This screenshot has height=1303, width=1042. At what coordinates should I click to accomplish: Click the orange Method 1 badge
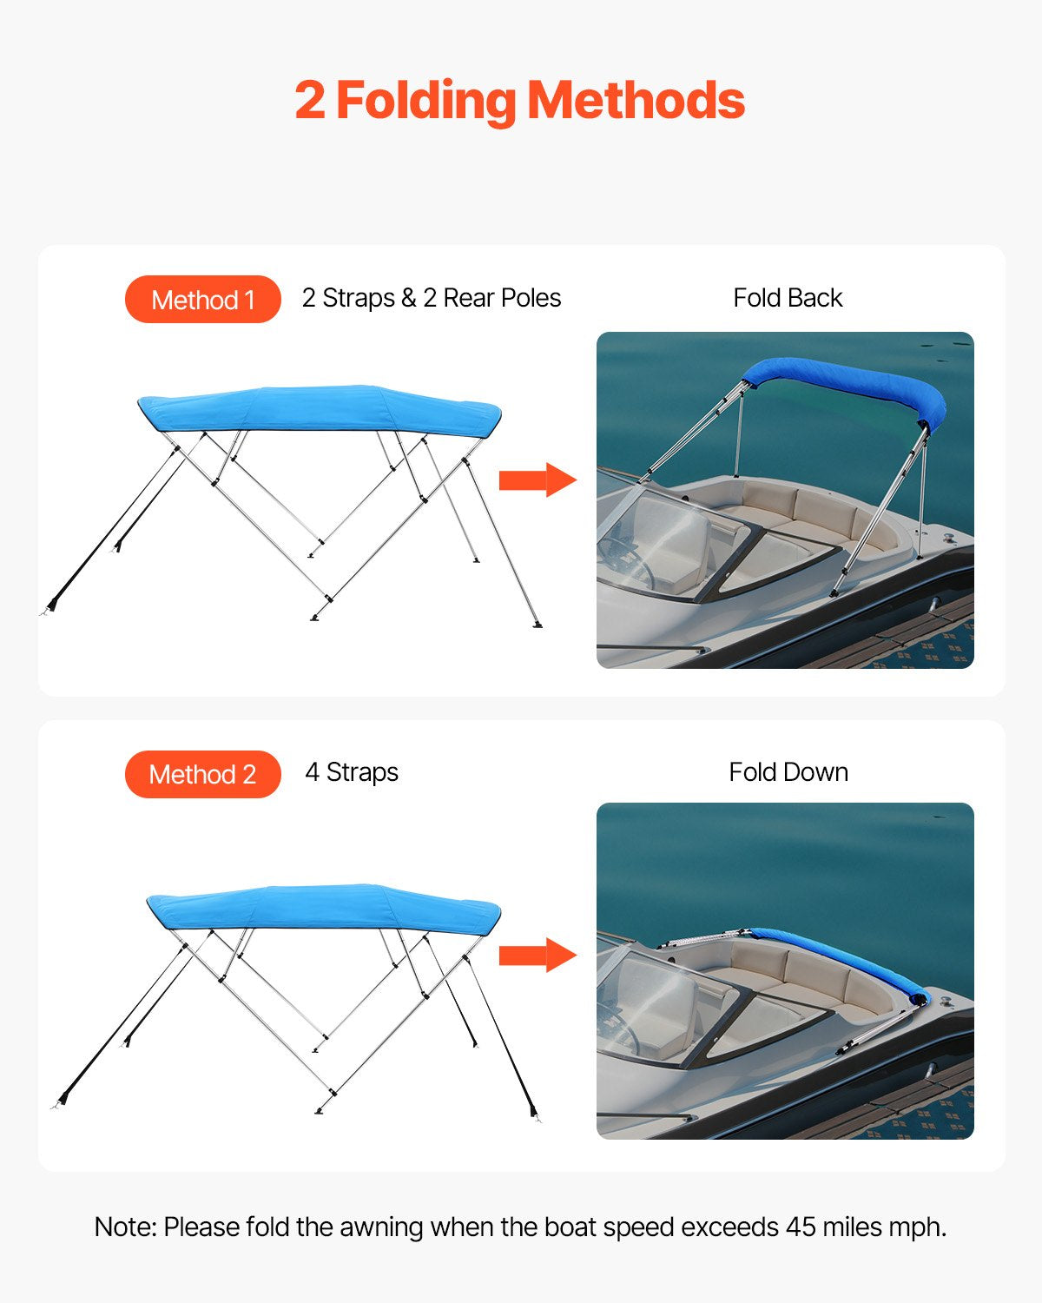pyautogui.click(x=202, y=300)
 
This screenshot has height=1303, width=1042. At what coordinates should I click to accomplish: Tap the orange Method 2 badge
pyautogui.click(x=202, y=774)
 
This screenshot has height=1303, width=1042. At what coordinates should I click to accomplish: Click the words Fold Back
pyautogui.click(x=788, y=298)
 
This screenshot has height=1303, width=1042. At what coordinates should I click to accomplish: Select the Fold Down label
pyautogui.click(x=788, y=772)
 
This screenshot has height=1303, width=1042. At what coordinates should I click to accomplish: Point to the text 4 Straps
pyautogui.click(x=352, y=772)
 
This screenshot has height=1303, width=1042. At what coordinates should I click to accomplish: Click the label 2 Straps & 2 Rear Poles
pyautogui.click(x=431, y=298)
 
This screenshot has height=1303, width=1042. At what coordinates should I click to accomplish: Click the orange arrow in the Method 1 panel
pyautogui.click(x=537, y=480)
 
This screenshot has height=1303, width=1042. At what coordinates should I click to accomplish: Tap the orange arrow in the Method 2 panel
pyautogui.click(x=537, y=956)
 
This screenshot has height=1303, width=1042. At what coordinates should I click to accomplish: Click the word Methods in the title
pyautogui.click(x=636, y=100)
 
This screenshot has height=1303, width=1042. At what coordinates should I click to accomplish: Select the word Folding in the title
pyautogui.click(x=425, y=102)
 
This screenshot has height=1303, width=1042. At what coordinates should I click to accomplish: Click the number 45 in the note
pyautogui.click(x=801, y=1227)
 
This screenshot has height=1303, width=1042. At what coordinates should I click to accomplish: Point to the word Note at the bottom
pyautogui.click(x=125, y=1227)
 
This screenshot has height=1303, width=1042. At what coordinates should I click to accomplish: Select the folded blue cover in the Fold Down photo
pyautogui.click(x=842, y=960)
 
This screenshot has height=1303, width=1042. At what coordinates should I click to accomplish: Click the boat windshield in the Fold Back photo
pyautogui.click(x=669, y=539)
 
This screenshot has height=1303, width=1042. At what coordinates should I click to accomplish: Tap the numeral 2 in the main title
pyautogui.click(x=310, y=101)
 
